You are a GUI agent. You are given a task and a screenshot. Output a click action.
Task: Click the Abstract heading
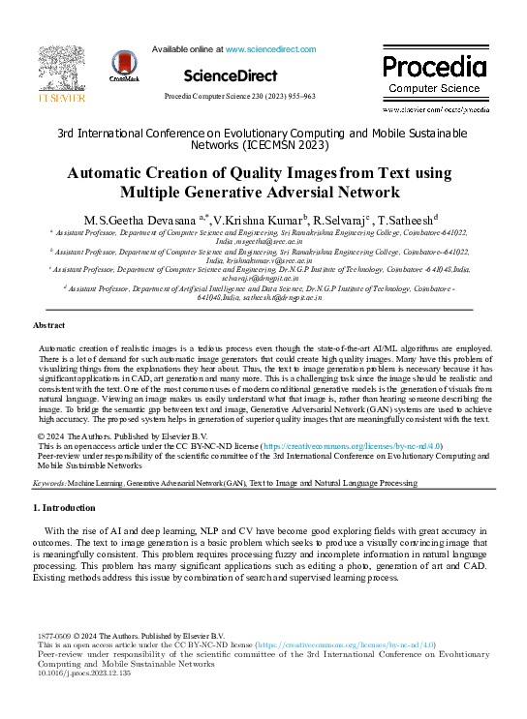coord(49,326)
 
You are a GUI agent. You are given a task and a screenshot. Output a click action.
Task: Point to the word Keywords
coord(49,481)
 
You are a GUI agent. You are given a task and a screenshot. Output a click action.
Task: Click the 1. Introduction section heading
coord(64,507)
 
